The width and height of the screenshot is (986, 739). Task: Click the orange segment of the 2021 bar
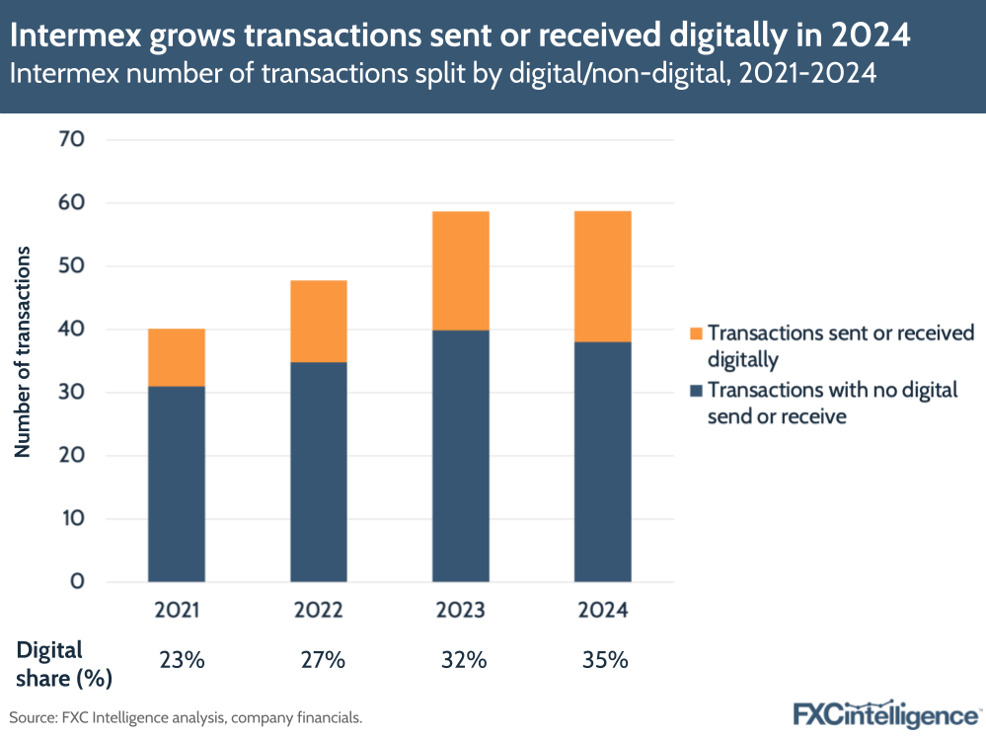tap(177, 357)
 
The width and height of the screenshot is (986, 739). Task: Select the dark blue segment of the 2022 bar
tap(318, 472)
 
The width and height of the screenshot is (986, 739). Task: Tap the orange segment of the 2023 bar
tap(460, 270)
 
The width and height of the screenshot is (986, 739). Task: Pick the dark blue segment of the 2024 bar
tap(602, 462)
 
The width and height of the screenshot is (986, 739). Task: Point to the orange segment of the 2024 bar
tap(602, 276)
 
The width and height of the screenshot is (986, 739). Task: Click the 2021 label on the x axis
tap(177, 611)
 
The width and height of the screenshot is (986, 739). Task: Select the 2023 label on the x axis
tap(460, 611)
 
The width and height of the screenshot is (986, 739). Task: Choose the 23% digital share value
tap(182, 661)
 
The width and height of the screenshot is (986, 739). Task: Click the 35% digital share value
tap(605, 661)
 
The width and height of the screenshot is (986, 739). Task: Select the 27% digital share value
tap(323, 661)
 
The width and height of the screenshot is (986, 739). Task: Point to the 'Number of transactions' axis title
tap(24, 352)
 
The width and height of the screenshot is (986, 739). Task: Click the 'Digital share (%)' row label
tap(64, 663)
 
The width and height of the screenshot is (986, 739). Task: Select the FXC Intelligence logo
tap(885, 713)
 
